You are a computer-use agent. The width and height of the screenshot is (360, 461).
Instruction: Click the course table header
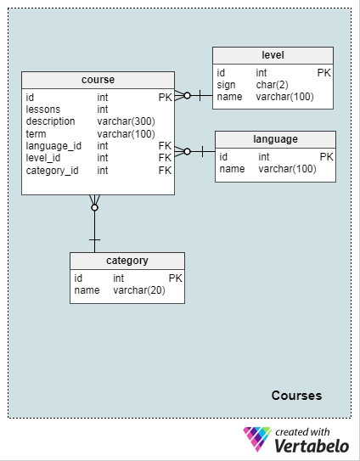[98, 80]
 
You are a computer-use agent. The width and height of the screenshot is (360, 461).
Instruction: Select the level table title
[273, 55]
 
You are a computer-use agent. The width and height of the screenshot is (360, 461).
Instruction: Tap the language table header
[275, 139]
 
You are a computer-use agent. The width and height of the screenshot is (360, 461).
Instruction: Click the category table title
[127, 261]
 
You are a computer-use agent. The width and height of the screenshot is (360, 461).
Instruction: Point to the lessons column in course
[43, 110]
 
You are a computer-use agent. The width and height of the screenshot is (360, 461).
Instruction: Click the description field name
[50, 121]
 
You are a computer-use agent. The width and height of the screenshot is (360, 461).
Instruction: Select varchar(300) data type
[127, 121]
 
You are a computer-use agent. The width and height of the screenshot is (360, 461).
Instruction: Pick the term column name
[36, 134]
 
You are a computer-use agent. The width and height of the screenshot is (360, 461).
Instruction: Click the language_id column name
[53, 146]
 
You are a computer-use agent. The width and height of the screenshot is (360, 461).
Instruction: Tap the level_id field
[43, 158]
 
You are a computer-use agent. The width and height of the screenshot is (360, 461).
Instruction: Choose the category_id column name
[52, 171]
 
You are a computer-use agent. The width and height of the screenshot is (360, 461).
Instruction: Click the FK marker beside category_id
[165, 171]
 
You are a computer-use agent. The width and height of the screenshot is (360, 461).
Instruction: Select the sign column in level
[226, 85]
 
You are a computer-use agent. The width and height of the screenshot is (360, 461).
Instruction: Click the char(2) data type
[272, 85]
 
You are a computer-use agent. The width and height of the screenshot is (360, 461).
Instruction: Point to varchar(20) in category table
[139, 290]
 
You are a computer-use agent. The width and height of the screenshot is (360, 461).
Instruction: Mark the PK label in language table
[327, 157]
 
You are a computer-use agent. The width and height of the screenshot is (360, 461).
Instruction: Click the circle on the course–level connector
[187, 96]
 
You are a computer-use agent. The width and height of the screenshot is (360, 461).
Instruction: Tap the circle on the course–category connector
[94, 208]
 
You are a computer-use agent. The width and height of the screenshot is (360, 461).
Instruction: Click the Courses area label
[296, 396]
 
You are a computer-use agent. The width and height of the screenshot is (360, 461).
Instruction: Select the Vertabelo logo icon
[256, 439]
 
